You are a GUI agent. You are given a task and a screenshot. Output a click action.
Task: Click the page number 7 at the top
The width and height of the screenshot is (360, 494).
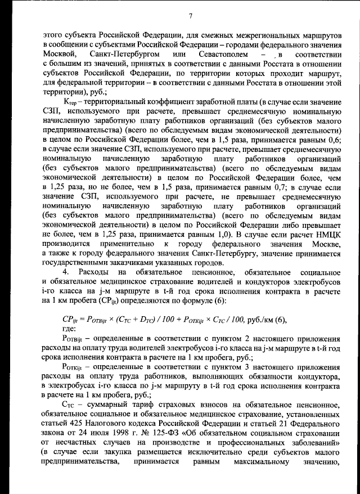coord(191,15)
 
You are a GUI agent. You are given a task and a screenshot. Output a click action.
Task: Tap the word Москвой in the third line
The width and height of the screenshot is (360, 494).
coord(60,54)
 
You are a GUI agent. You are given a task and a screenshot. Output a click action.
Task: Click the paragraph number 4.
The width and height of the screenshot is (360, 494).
coord(65,273)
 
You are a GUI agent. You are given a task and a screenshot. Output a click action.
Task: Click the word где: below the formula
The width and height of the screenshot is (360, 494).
coord(68,328)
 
